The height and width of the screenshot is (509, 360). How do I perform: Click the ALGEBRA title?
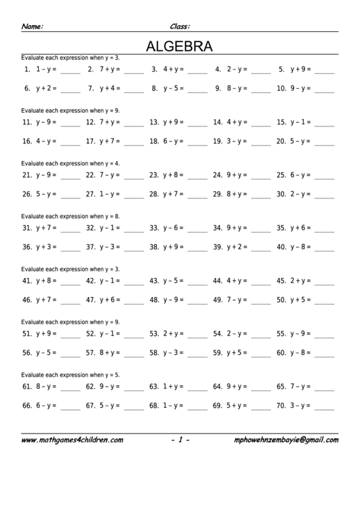[x=179, y=46]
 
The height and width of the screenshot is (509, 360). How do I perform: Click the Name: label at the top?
[x=33, y=27]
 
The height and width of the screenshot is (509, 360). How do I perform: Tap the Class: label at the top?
[x=179, y=27]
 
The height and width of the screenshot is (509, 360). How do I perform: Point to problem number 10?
[x=281, y=88]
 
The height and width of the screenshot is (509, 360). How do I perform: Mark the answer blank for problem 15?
[x=324, y=124]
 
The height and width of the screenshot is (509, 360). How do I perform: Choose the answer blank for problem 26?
[x=70, y=196]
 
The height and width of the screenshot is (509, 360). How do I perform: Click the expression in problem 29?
[x=237, y=194]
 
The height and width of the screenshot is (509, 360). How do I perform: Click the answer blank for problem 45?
[x=324, y=282]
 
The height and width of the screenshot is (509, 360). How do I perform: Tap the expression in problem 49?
[x=237, y=299]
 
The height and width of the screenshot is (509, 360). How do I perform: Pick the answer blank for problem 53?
[x=197, y=336]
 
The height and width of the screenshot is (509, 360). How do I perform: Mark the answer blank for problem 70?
[x=324, y=408]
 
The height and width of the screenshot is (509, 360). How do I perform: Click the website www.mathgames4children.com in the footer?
[x=72, y=440]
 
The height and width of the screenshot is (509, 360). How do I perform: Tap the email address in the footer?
[x=285, y=440]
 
